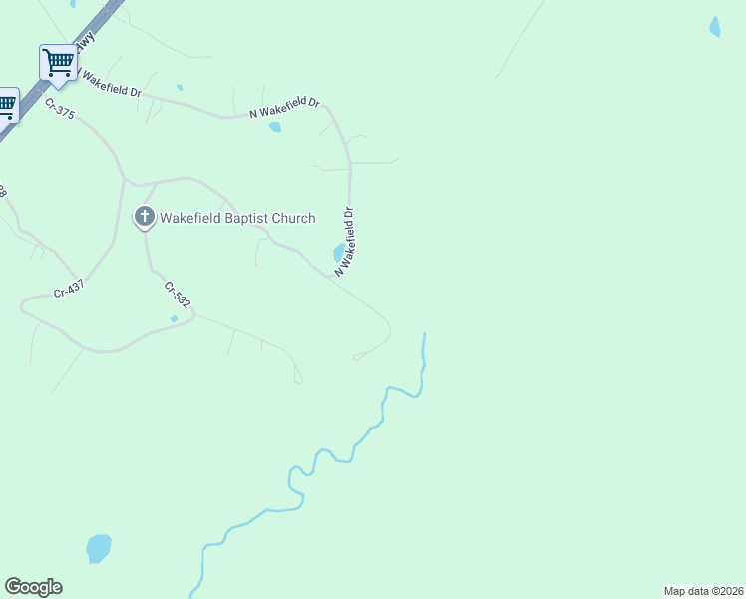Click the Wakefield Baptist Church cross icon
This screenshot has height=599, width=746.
[145, 216]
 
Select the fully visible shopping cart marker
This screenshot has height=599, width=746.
[58, 62]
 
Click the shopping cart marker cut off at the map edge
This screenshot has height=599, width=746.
[6, 105]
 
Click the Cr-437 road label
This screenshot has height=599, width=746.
[68, 290]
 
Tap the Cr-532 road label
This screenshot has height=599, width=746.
[177, 296]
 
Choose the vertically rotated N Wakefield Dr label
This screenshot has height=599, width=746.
[345, 242]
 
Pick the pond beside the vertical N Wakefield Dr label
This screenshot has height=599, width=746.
[338, 252]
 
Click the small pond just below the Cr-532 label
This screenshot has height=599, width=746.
[174, 318]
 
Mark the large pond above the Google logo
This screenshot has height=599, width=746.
[98, 548]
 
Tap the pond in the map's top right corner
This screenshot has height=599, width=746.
[714, 27]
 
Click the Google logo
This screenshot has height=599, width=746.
[33, 587]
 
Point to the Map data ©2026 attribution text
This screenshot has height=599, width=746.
[704, 591]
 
